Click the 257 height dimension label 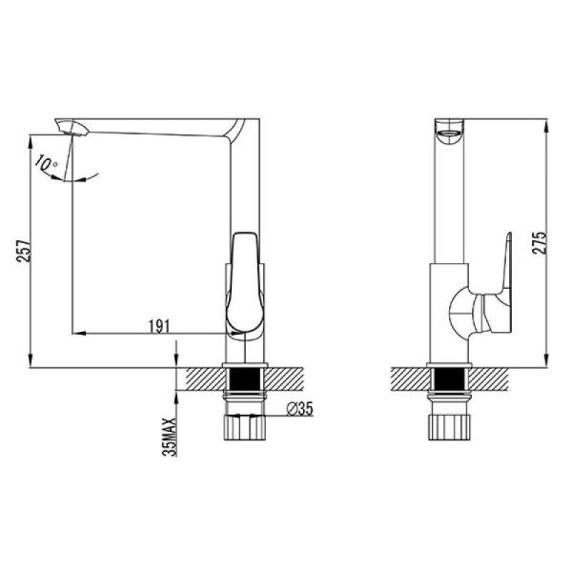tap(24, 251)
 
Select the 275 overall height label tap(540, 243)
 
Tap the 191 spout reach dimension tap(159, 326)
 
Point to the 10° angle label tap(46, 163)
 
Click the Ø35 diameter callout tap(300, 409)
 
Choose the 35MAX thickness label tap(170, 437)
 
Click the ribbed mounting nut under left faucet tap(244, 427)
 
